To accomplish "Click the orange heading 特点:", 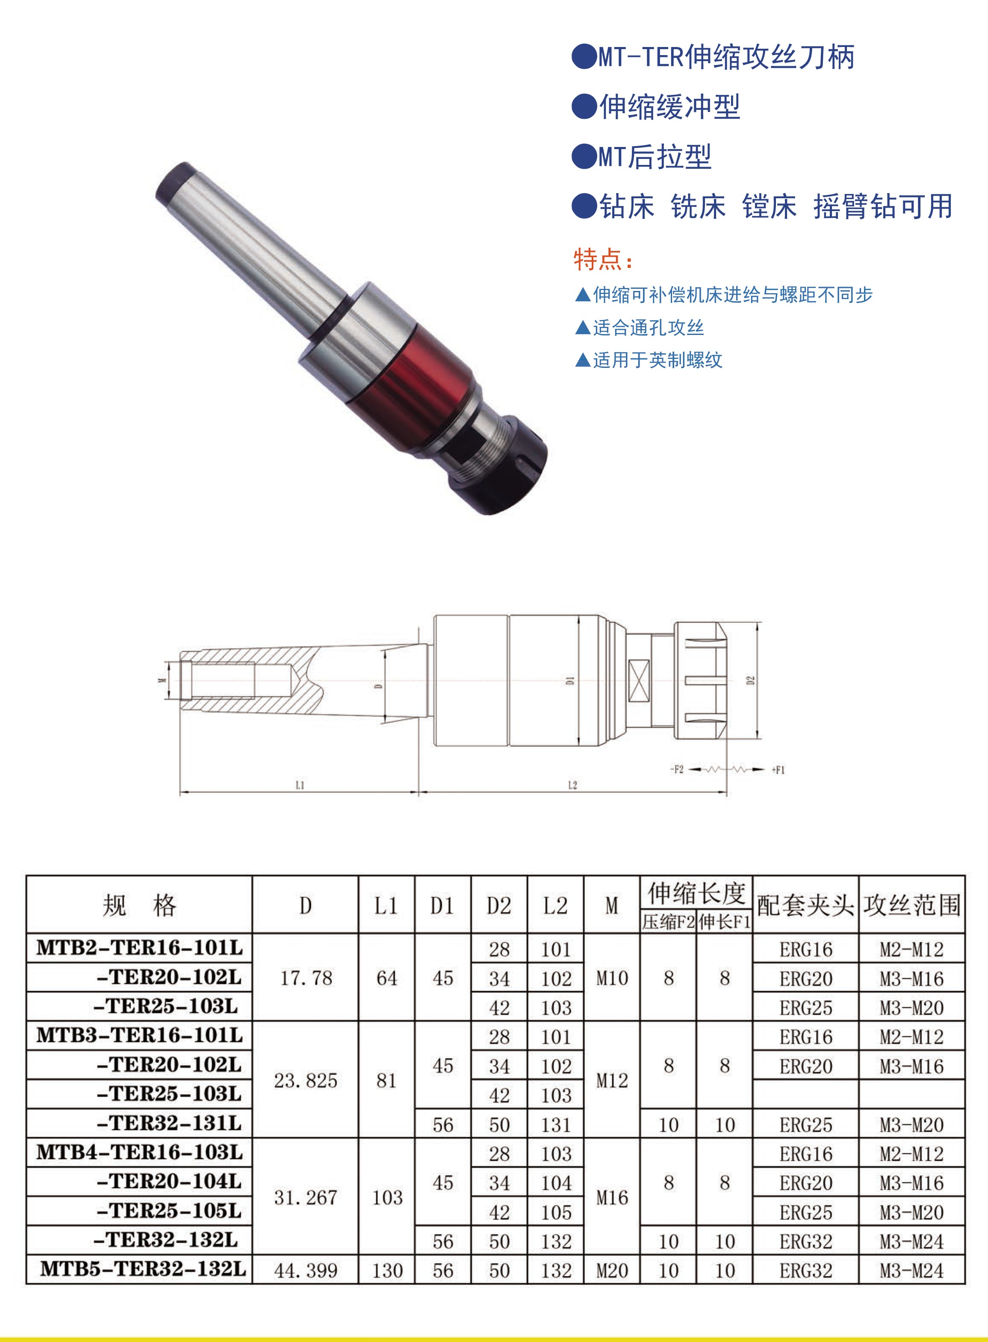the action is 603,259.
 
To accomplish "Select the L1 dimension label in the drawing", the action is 300,785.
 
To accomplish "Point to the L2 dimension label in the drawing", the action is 572,785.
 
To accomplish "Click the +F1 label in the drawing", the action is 778,770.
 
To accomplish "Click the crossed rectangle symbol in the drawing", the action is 639,681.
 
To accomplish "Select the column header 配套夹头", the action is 805,905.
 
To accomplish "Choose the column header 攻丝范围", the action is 912,905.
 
